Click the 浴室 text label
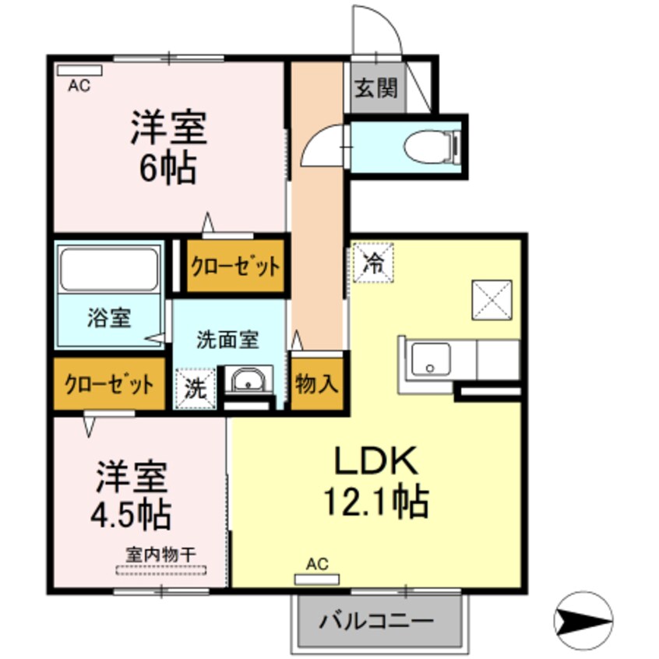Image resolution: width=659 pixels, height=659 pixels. click(107, 318)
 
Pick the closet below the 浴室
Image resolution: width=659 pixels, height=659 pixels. click(108, 384)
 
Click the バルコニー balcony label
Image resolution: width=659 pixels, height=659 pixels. click(376, 622)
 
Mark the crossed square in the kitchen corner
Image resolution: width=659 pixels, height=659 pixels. click(491, 300)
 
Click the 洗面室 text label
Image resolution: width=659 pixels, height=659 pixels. click(227, 340)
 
